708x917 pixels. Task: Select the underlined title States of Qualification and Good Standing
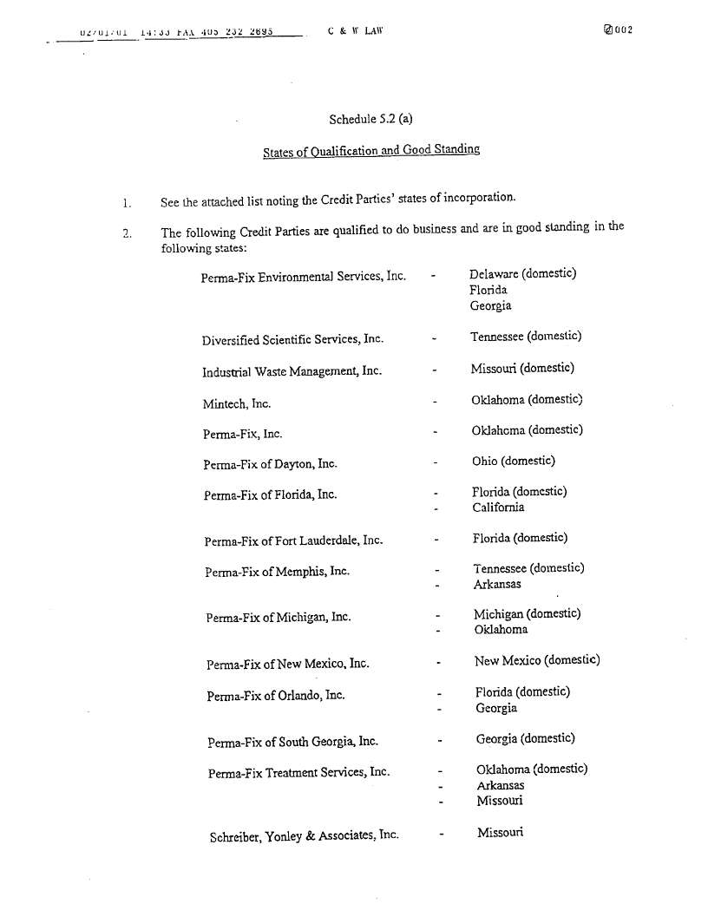tap(371, 151)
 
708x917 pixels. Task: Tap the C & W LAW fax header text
tap(356, 30)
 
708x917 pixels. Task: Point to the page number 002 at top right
tap(618, 30)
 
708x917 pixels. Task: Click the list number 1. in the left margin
tap(127, 204)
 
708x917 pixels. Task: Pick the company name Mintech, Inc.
tap(237, 403)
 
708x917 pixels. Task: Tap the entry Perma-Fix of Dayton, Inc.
tap(270, 464)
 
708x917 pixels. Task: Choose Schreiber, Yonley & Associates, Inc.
tap(304, 836)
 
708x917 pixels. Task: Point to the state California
tap(498, 508)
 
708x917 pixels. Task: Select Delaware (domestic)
tap(522, 274)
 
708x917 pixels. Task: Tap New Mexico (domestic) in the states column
tap(537, 660)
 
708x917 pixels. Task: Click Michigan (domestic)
tap(527, 614)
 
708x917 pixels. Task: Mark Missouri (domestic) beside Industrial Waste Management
tap(522, 368)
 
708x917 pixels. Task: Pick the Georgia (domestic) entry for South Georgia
tap(526, 739)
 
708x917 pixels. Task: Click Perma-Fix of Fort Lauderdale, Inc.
tap(293, 541)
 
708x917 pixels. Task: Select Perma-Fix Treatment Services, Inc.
tap(298, 773)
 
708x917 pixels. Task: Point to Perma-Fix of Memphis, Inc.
tap(277, 573)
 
